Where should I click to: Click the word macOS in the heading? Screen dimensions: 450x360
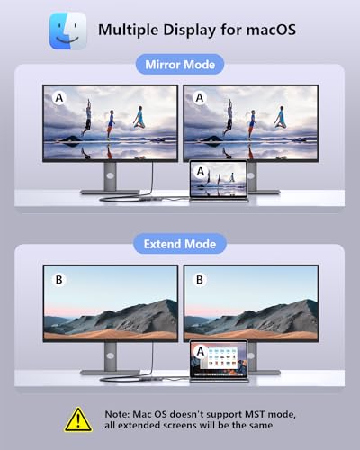pyautogui.click(x=270, y=30)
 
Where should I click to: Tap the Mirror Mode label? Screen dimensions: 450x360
pyautogui.click(x=180, y=66)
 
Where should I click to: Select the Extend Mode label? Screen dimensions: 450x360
pyautogui.click(x=180, y=244)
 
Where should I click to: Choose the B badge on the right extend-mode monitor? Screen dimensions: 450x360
pyautogui.click(x=200, y=280)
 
